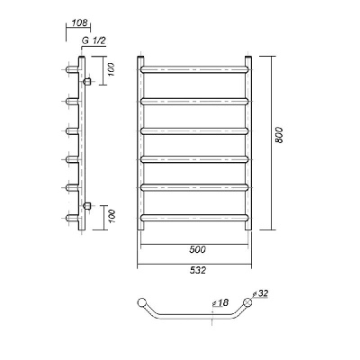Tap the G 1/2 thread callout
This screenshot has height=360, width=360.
[94, 41]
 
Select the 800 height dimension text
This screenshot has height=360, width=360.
[279, 135]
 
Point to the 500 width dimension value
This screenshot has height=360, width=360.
[198, 249]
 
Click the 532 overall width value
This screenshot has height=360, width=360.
[198, 270]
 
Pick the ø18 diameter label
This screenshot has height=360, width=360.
[220, 302]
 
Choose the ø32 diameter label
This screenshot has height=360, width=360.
[260, 293]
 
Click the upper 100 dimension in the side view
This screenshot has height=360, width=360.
[112, 69]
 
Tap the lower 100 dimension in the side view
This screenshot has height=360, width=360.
[112, 216]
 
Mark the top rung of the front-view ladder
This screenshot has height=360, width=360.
[194, 69]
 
